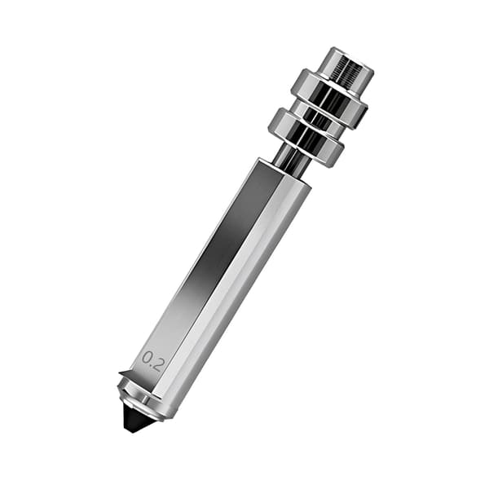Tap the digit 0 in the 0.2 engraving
[x=147, y=357]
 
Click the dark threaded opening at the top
[x=348, y=71]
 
